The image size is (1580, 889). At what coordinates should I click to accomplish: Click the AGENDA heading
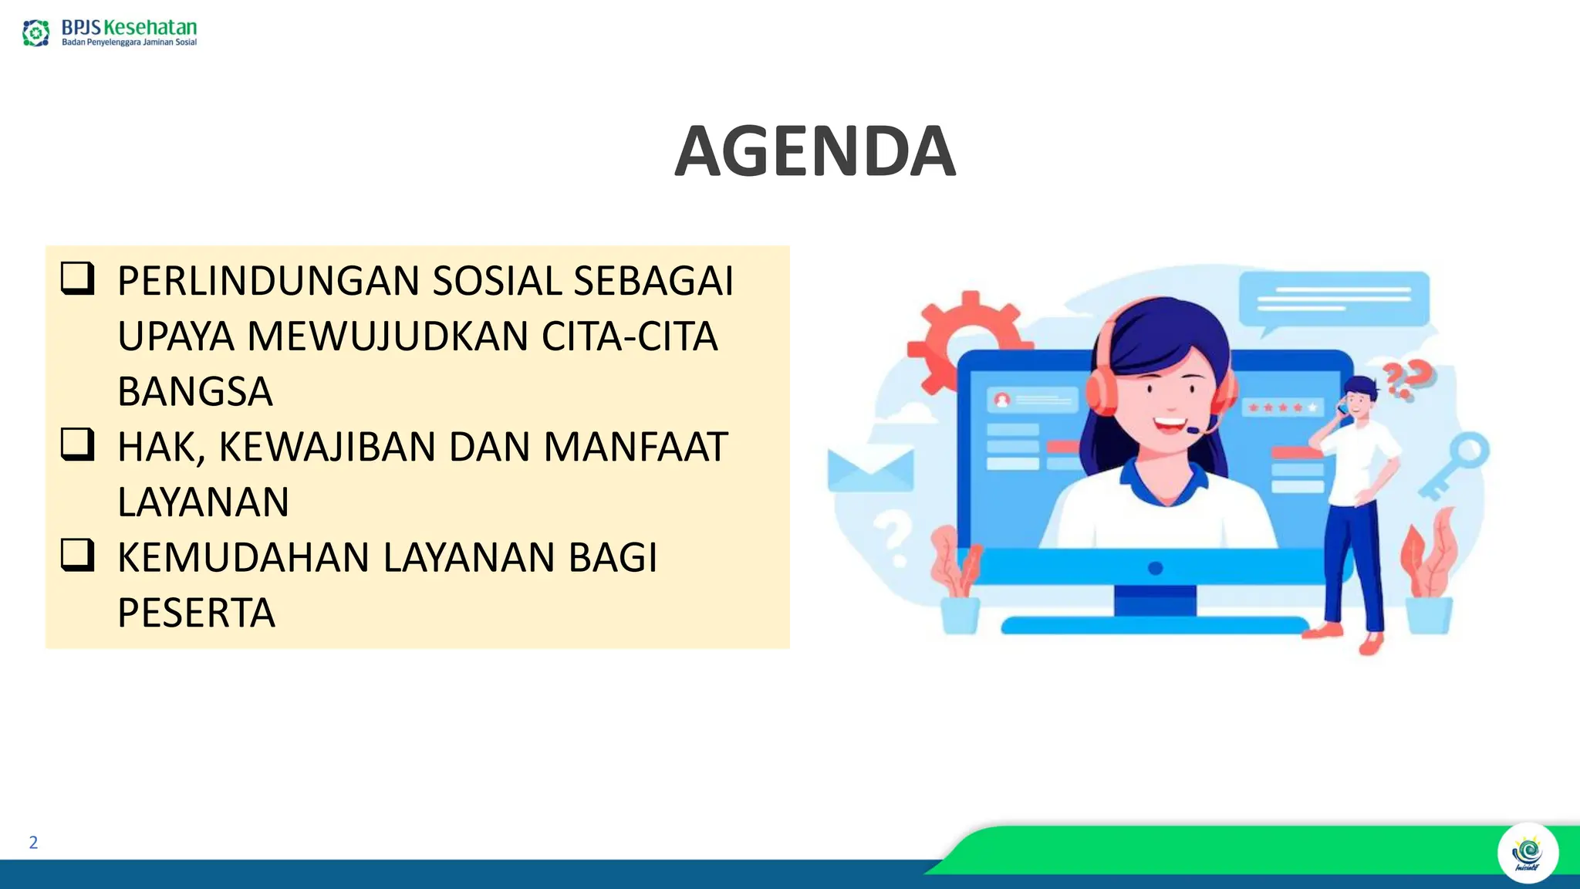815,152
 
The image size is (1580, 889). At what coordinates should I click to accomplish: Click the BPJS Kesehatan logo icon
35,33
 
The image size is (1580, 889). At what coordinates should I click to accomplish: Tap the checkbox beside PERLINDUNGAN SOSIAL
77,279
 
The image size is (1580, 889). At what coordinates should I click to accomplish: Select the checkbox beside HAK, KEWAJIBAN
77,445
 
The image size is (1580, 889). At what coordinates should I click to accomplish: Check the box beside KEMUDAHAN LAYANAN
77,556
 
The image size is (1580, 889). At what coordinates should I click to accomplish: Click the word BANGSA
195,391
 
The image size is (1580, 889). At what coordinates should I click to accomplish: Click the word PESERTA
196,613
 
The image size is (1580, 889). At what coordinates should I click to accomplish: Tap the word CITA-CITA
630,336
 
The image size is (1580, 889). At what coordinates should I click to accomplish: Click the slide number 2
33,842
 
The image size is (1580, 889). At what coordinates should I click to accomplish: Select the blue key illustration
1456,465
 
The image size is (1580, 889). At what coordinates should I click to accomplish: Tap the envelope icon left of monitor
869,469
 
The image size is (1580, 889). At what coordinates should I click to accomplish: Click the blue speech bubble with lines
1332,299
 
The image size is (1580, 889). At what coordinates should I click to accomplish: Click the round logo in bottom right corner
1528,854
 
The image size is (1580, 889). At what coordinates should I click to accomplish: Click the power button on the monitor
1155,569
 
